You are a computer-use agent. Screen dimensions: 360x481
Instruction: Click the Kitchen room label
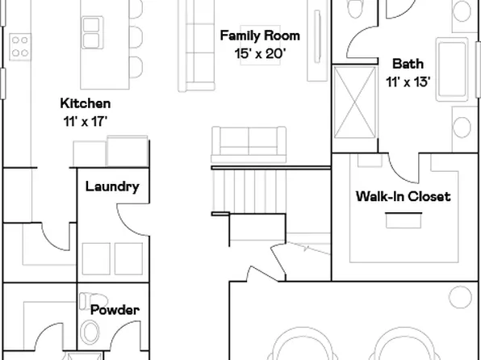86,103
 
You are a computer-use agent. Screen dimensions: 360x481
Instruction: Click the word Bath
406,63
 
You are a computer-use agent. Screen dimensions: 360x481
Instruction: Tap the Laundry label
112,186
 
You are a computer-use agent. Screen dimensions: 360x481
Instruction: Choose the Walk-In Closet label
403,196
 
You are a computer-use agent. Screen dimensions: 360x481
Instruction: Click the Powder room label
115,309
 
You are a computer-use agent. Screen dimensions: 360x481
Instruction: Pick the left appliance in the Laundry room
95,257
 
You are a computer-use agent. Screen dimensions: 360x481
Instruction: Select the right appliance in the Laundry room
129,257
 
